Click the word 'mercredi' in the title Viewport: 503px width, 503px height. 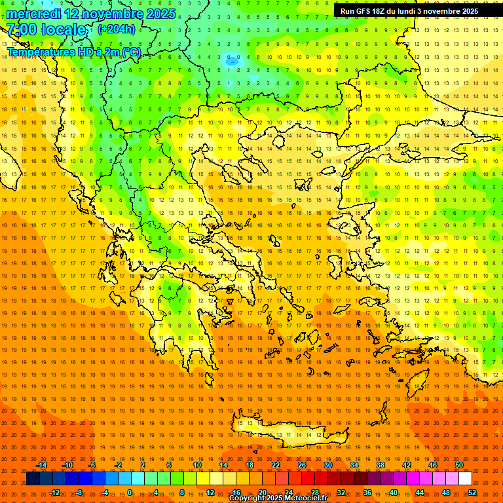pyautogui.click(x=34, y=14)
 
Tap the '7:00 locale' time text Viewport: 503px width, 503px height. pyautogui.click(x=47, y=29)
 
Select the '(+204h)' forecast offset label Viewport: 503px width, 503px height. pyautogui.click(x=117, y=29)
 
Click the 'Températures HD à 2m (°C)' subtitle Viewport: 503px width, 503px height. pyautogui.click(x=73, y=52)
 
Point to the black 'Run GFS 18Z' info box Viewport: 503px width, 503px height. pyautogui.click(x=418, y=11)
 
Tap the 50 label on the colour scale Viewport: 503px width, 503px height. pyautogui.click(x=459, y=465)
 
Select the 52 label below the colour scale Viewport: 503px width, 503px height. pyautogui.click(x=472, y=493)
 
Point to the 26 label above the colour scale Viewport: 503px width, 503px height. pyautogui.click(x=302, y=465)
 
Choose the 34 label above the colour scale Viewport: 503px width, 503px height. pyautogui.click(x=354, y=465)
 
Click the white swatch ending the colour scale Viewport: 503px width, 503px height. pyautogui.click(x=465, y=479)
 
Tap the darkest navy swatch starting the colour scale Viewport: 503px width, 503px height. pyautogui.click(x=33, y=479)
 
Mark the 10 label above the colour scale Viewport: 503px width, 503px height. pyautogui.click(x=197, y=465)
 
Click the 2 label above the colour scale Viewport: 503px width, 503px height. pyautogui.click(x=143, y=465)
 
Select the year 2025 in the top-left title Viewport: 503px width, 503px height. pyautogui.click(x=161, y=14)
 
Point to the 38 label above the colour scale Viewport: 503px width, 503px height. pyautogui.click(x=381, y=465)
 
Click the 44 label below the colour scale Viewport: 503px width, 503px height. pyautogui.click(x=420, y=493)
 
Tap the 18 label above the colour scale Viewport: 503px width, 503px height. pyautogui.click(x=250, y=465)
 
